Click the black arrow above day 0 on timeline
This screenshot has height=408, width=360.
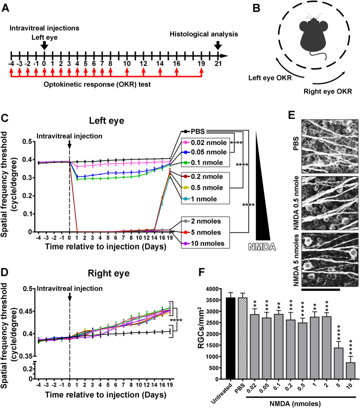click(x=44, y=45)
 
